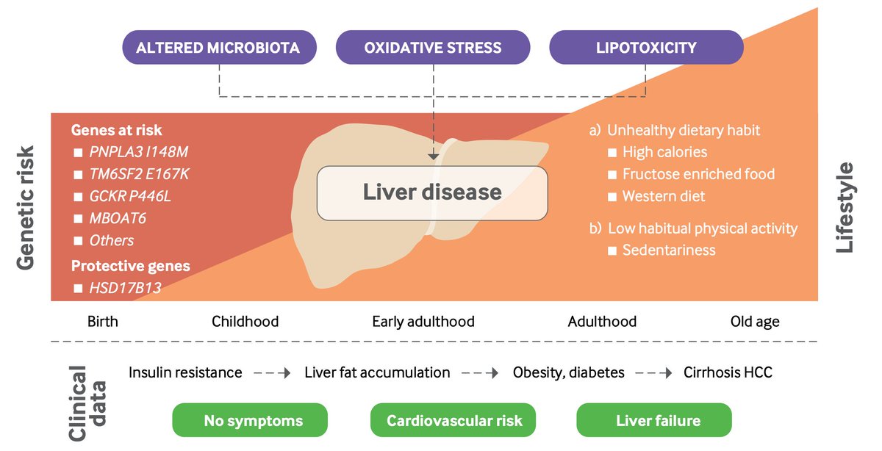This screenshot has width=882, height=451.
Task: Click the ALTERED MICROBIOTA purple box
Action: click(218, 48)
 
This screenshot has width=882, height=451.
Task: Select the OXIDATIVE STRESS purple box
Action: click(432, 48)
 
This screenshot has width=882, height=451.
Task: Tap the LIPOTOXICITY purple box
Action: click(646, 48)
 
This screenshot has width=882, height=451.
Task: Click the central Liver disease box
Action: click(432, 192)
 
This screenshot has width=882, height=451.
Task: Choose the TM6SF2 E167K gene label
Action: click(144, 175)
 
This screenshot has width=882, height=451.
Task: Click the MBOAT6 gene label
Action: click(115, 219)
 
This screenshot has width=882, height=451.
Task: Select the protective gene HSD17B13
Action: click(125, 288)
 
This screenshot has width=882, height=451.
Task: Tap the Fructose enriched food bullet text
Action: click(698, 174)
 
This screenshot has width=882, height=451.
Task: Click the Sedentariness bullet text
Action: click(669, 250)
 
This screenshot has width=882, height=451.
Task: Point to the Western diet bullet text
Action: click(664, 196)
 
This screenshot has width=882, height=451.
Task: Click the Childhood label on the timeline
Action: click(245, 322)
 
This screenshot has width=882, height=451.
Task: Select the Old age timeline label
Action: click(755, 322)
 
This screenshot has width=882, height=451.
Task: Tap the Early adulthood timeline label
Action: click(423, 322)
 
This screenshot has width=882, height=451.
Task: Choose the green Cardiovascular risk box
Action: click(454, 421)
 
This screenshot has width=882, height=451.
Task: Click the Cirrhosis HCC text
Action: click(728, 372)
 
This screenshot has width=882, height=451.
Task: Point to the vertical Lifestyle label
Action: click(845, 208)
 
